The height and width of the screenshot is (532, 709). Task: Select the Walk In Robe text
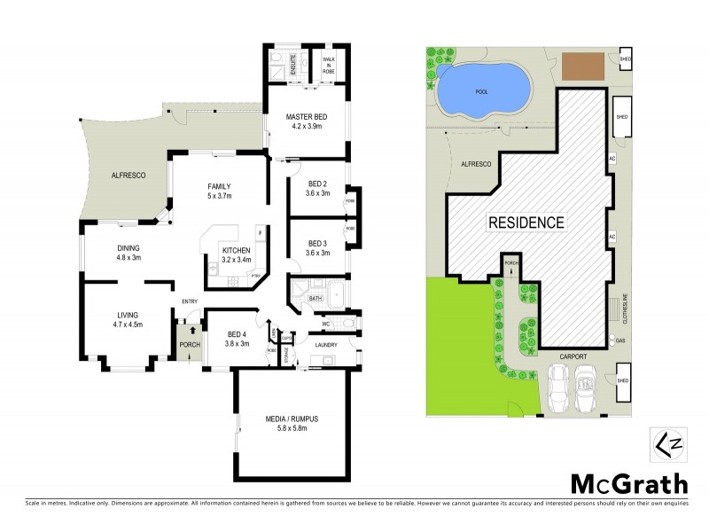pyautogui.click(x=328, y=61)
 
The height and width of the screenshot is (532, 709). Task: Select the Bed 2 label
pyautogui.click(x=317, y=188)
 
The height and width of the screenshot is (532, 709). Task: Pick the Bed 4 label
pyautogui.click(x=236, y=339)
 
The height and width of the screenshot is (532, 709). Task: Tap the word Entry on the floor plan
pyautogui.click(x=190, y=301)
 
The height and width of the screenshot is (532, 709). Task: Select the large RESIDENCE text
pyautogui.click(x=526, y=223)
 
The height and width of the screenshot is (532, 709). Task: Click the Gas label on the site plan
pyautogui.click(x=621, y=340)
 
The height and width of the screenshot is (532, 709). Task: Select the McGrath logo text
pyautogui.click(x=627, y=483)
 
